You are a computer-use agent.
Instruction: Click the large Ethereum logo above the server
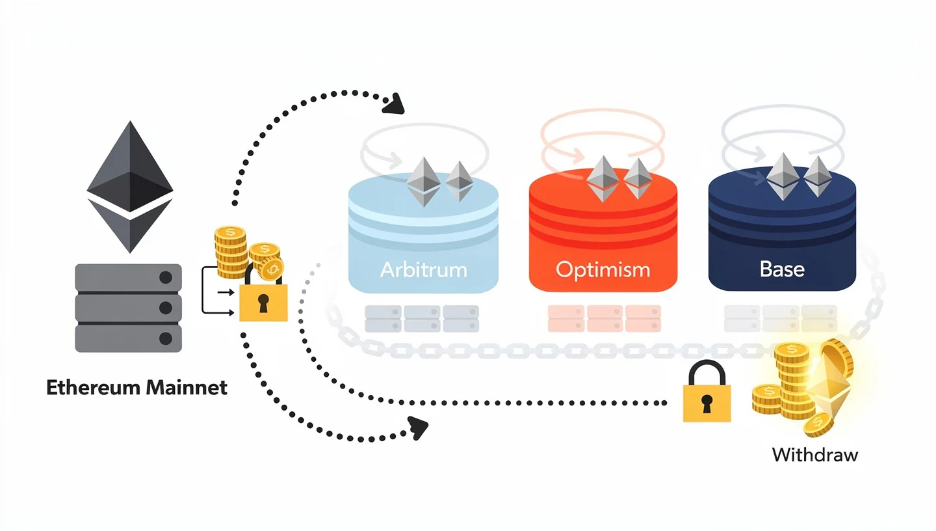tap(130, 186)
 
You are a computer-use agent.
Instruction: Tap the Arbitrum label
tap(423, 269)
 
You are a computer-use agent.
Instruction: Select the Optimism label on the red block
tap(603, 269)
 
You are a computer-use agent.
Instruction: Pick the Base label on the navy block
tap(782, 269)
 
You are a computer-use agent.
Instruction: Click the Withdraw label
tap(814, 454)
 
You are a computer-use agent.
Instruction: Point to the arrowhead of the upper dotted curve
tap(395, 104)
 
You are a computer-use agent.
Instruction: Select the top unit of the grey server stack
tap(128, 278)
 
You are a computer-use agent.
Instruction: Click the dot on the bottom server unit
tap(166, 338)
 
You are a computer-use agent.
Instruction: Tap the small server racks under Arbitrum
tap(422, 319)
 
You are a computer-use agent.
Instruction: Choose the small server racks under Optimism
tap(604, 319)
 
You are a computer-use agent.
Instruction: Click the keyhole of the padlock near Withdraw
tap(707, 402)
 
